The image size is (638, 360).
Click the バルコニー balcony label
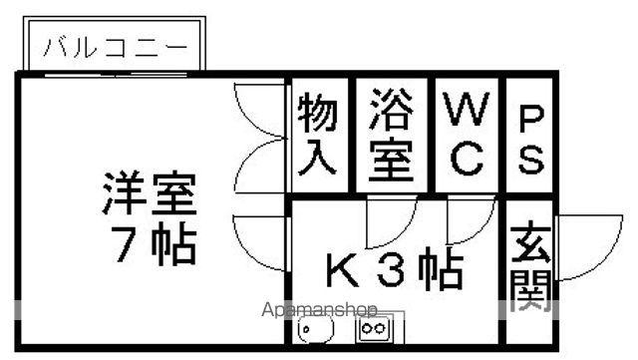click(114, 48)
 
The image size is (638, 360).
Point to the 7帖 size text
click(150, 243)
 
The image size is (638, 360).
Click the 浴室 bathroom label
click(392, 135)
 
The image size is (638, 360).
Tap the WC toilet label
click(465, 135)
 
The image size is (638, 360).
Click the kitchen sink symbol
click(318, 327)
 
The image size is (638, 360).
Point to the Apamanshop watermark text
click(319, 309)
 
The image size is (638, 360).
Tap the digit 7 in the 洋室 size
click(120, 244)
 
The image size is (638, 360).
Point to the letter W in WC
click(465, 110)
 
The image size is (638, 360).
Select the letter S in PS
click(530, 159)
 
